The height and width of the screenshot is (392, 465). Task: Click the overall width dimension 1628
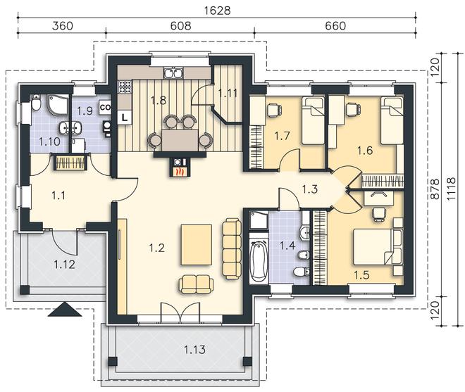pyautogui.click(x=218, y=11)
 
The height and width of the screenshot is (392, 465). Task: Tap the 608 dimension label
pyautogui.click(x=180, y=26)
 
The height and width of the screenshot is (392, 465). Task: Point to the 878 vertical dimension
pyautogui.click(x=435, y=189)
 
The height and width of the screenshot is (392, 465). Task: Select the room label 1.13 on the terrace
pyautogui.click(x=194, y=350)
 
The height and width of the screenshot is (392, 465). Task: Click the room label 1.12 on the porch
pyautogui.click(x=64, y=265)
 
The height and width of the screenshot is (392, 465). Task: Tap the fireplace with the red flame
pyautogui.click(x=178, y=167)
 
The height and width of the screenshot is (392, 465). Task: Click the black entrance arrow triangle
pyautogui.click(x=65, y=310)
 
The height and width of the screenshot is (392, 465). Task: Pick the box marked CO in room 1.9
pyautogui.click(x=105, y=107)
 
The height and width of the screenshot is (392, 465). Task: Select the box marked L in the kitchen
pyautogui.click(x=125, y=117)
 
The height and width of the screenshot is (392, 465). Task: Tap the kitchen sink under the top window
pyautogui.click(x=173, y=73)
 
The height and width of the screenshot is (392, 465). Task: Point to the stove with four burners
pyautogui.click(x=125, y=87)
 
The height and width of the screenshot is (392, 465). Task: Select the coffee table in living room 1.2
pyautogui.click(x=197, y=245)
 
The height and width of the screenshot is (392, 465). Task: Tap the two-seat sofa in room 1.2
pyautogui.click(x=197, y=284)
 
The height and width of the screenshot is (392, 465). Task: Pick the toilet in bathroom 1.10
pyautogui.click(x=36, y=103)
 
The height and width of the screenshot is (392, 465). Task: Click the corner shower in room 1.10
pyautogui.click(x=58, y=105)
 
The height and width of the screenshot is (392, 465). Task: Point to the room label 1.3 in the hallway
pyautogui.click(x=310, y=189)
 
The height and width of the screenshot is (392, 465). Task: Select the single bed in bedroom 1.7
pyautogui.click(x=313, y=121)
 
